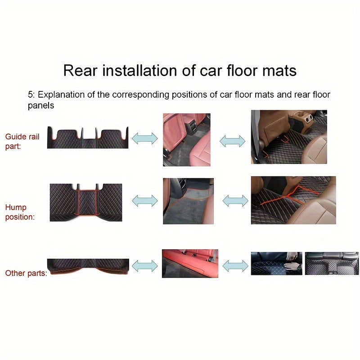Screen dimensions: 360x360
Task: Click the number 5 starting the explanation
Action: (30, 95)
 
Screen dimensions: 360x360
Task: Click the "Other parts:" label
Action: (26, 273)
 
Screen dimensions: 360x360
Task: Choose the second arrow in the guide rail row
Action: (232, 141)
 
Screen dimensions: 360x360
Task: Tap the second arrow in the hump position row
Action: (235, 201)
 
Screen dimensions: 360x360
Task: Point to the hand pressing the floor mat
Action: (293, 266)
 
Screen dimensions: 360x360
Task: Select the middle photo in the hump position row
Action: (188, 201)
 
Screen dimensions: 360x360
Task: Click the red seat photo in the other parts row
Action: (189, 263)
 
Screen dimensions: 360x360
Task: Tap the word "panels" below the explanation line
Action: (41, 106)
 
